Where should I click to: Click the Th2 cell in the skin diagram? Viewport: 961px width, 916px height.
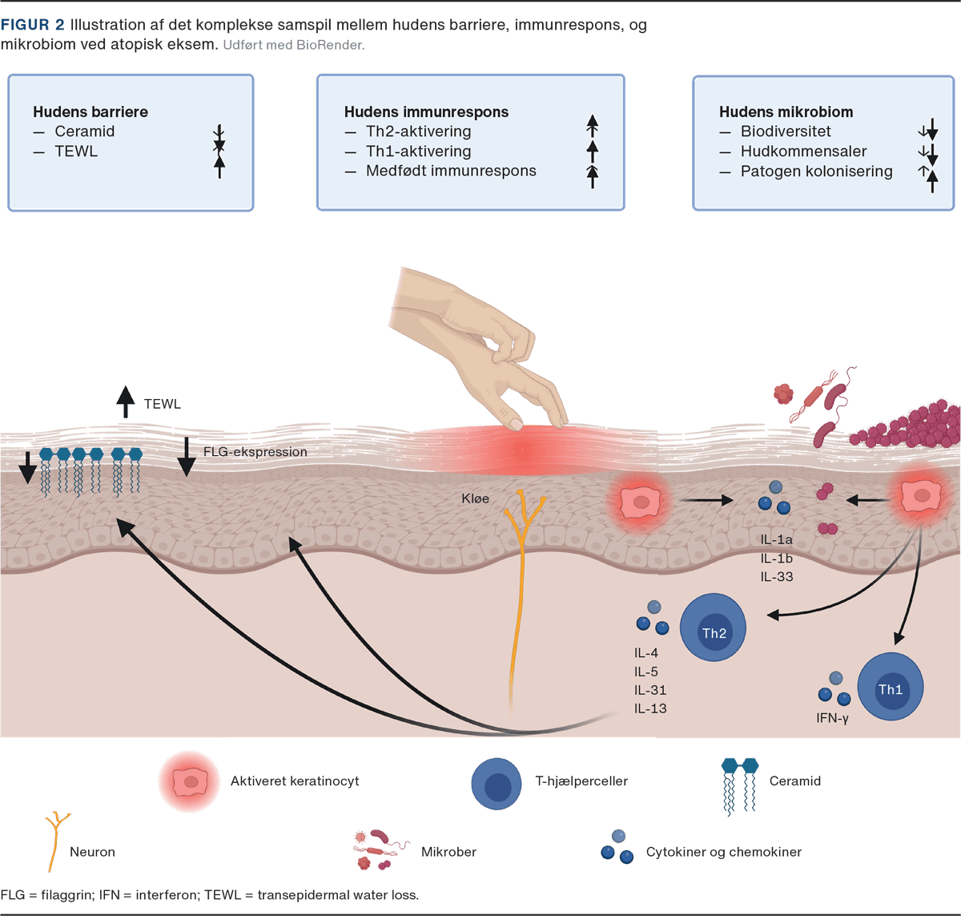coord(713,627)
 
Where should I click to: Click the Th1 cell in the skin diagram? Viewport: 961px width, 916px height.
coord(890,687)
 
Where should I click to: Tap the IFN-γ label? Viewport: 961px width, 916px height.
coord(832,718)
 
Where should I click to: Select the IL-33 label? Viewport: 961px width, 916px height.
coord(776,576)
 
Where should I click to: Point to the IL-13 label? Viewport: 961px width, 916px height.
coord(650,708)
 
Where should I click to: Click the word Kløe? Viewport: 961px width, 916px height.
coord(475,498)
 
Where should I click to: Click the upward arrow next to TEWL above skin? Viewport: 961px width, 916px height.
coord(125,402)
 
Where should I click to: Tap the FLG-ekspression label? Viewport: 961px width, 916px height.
coord(255,452)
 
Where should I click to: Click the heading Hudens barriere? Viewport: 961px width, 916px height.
coord(90,112)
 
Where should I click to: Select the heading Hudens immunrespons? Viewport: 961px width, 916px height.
coord(426,112)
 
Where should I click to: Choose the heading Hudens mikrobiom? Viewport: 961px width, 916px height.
coord(786,112)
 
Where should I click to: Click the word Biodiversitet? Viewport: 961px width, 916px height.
coord(786,131)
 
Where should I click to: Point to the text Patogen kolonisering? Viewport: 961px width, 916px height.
coord(816,171)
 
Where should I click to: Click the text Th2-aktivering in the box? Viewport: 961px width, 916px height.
coord(418,131)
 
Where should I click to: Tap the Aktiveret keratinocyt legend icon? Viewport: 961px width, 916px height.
coord(190,781)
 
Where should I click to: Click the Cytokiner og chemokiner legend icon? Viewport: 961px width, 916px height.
coord(617,847)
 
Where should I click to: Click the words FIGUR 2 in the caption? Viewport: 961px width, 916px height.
coord(32,26)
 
